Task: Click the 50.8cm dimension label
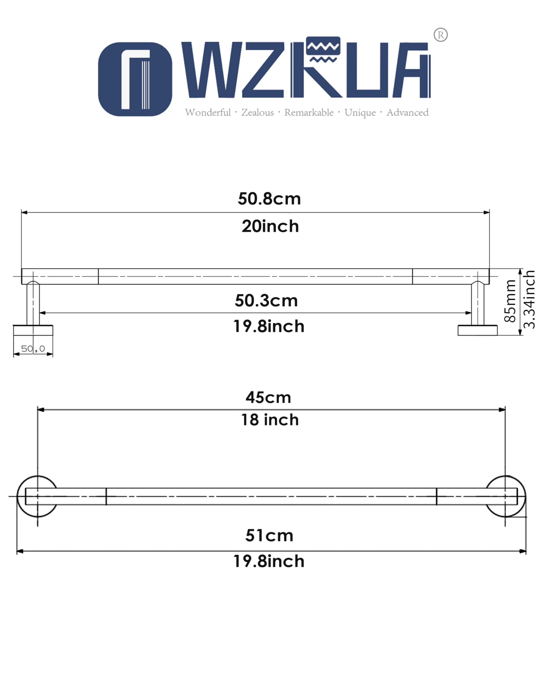(269, 199)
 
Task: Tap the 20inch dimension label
(270, 226)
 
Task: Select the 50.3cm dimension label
(266, 301)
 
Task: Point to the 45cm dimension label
(268, 397)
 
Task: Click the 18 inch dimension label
(270, 420)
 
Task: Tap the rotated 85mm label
(510, 301)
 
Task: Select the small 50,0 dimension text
(33, 349)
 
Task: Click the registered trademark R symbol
(440, 35)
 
